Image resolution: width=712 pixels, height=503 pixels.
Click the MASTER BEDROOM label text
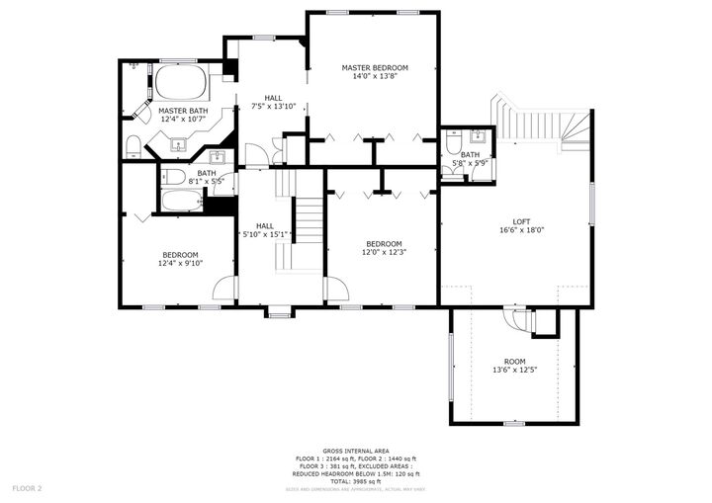[x=374, y=68]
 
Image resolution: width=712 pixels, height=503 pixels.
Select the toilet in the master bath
[x=133, y=146]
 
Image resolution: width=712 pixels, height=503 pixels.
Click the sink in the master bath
[x=180, y=145]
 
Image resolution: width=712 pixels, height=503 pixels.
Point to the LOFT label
[x=521, y=221]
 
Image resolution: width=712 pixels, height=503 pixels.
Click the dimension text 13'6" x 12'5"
[x=514, y=370]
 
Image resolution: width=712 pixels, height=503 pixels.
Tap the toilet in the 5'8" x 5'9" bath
[x=452, y=144]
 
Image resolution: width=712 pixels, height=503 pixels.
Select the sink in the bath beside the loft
[x=477, y=137]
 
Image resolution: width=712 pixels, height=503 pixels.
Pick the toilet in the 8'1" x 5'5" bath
[x=174, y=177]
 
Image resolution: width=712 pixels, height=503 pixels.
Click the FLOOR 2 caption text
[x=27, y=488]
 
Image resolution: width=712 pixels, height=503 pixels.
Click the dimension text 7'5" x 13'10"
[x=273, y=106]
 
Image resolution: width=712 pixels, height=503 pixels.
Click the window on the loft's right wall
[x=590, y=207]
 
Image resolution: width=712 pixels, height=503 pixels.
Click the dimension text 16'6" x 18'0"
[x=521, y=230]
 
